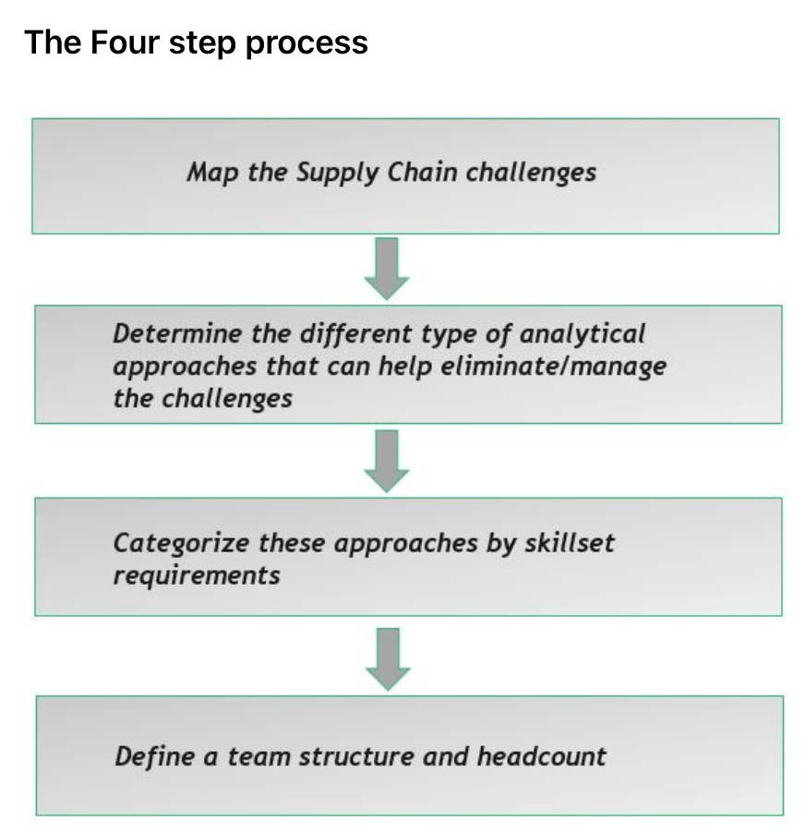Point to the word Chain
(418, 173)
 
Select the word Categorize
(181, 543)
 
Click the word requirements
(197, 574)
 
